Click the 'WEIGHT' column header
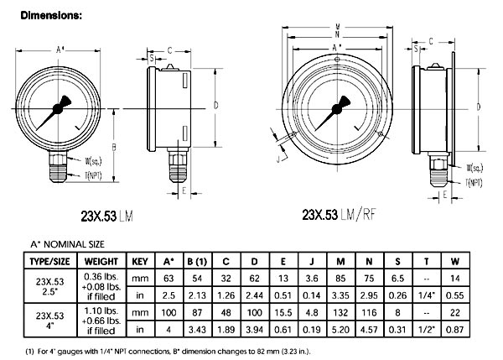(101, 260)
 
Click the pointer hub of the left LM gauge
(60, 107)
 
